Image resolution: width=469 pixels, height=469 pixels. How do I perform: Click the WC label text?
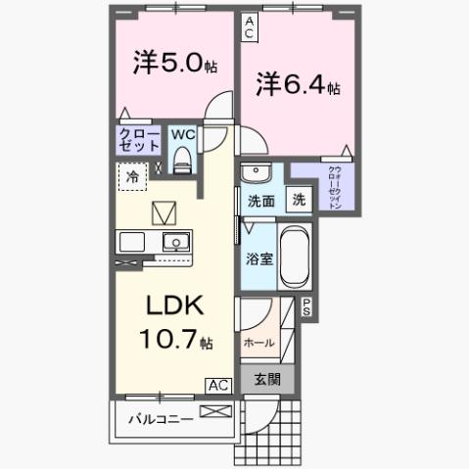[182, 134]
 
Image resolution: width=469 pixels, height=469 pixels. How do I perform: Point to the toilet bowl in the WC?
[181, 159]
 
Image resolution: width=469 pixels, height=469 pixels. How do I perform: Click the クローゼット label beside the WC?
[138, 138]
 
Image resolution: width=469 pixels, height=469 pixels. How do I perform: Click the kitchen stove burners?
[131, 241]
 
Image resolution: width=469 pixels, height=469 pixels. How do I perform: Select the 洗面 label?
[259, 202]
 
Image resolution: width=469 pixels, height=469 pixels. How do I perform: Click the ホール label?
[258, 343]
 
